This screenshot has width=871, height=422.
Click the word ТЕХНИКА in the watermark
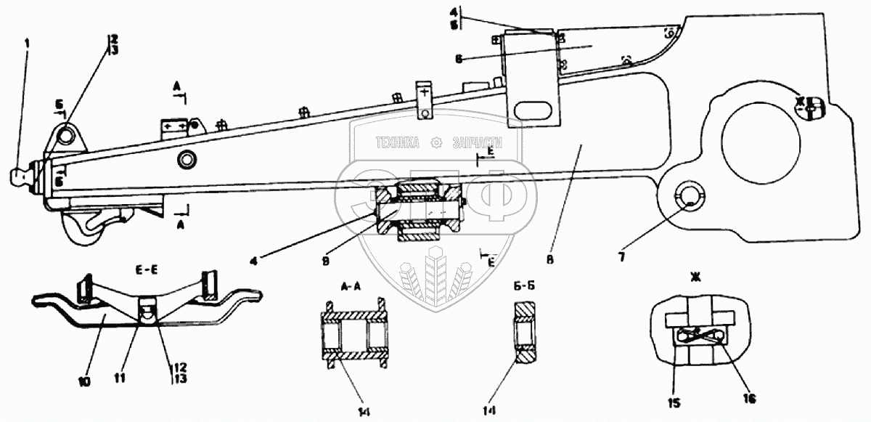398,143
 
